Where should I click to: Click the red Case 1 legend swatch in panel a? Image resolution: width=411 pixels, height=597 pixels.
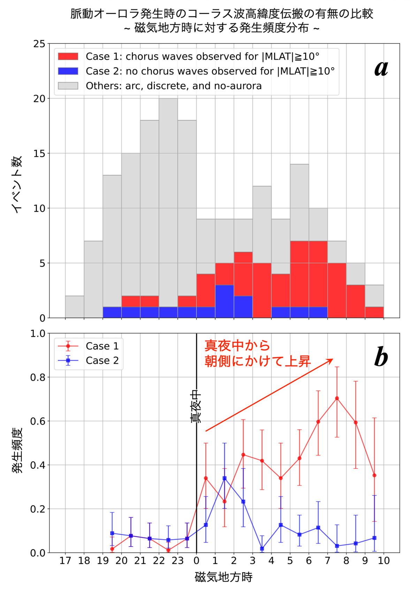[x=68, y=56]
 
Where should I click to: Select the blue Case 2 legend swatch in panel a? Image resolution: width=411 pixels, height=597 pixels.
[x=68, y=71]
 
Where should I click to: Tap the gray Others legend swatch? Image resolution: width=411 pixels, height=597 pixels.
[x=68, y=86]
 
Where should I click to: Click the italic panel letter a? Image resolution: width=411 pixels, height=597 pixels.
[x=381, y=69]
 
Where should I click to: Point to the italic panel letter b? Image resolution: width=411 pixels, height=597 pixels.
[x=381, y=357]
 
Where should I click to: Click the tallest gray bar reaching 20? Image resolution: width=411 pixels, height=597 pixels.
[x=168, y=203]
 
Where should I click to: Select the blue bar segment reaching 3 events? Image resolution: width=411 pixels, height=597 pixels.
[x=224, y=301]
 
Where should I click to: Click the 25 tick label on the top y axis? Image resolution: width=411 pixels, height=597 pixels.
[x=39, y=44]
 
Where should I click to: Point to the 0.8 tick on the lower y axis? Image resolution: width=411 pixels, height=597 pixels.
[x=37, y=377]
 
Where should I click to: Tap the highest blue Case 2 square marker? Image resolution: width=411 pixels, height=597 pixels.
[x=224, y=478]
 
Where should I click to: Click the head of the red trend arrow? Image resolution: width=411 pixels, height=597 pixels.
[x=333, y=359]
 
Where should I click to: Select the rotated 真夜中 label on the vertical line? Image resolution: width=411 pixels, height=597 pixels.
[x=196, y=408]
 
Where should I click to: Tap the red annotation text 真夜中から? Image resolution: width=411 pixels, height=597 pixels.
[x=237, y=346]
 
